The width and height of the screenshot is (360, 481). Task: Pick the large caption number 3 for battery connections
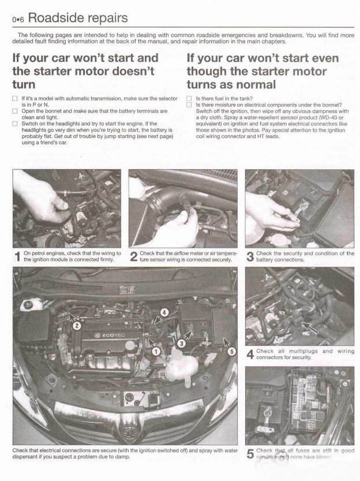click(249, 256)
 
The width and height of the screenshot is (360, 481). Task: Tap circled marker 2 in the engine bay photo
click(76, 326)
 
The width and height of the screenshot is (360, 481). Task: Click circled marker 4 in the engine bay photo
click(164, 312)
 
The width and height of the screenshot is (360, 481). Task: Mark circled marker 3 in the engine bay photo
click(181, 343)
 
